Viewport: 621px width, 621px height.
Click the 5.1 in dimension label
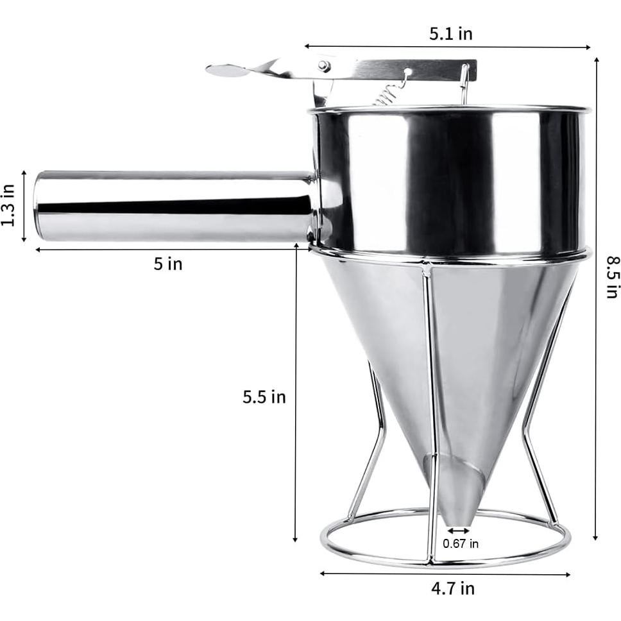pos(450,34)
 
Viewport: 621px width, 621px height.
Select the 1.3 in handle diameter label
pos(8,205)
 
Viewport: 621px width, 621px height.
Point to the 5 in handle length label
pos(167,264)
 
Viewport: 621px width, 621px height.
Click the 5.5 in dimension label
pos(264,397)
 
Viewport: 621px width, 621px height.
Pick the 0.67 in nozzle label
pos(461,544)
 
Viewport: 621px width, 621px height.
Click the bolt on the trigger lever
pos(325,66)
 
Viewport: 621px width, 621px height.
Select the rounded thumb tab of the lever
pos(227,71)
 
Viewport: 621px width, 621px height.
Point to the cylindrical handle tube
pos(173,206)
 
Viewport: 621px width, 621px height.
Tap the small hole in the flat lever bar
pos(407,71)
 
